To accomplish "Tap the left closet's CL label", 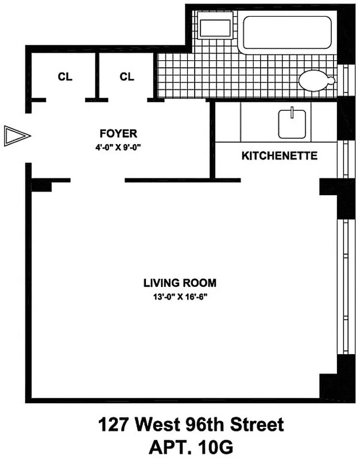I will pyautogui.click(x=65, y=77).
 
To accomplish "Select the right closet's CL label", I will pyautogui.click(x=126, y=77).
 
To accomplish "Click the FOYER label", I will pyautogui.click(x=118, y=134).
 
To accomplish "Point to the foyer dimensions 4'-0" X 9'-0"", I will pyautogui.click(x=118, y=147).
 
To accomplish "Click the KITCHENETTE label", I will pyautogui.click(x=279, y=155).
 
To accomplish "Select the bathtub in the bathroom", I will pyautogui.click(x=287, y=33).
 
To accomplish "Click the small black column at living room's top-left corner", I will pyautogui.click(x=41, y=185).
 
